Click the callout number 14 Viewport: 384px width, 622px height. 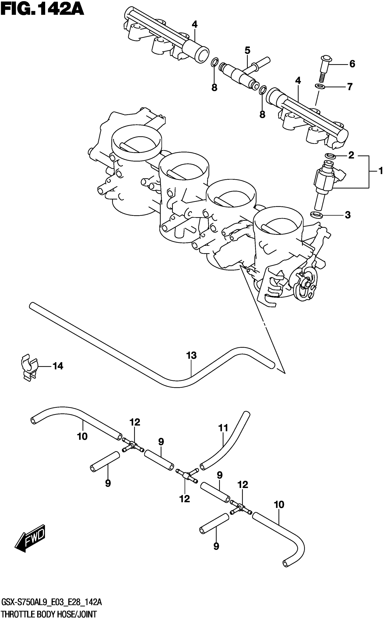[58, 366]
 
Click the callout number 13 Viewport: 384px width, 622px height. [191, 355]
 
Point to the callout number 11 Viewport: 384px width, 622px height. [223, 428]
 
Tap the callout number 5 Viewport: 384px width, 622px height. [247, 50]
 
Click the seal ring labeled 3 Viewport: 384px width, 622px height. [316, 215]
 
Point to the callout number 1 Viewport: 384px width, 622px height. [380, 171]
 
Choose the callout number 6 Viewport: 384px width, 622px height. [352, 64]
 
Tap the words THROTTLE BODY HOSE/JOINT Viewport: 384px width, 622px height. [49, 614]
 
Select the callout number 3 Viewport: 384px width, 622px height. [347, 215]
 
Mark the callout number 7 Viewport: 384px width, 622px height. [350, 87]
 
